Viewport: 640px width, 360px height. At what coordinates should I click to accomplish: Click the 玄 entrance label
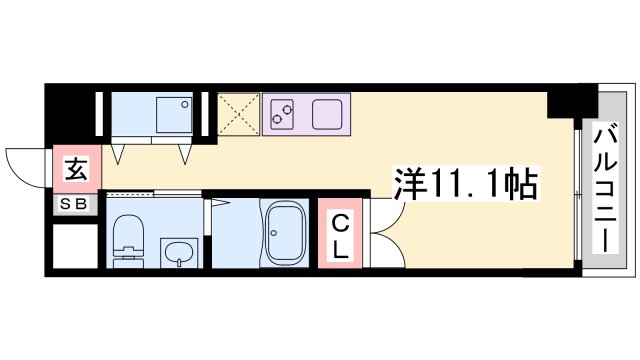[x=76, y=168]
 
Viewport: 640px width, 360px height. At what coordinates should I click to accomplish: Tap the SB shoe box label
[x=76, y=206]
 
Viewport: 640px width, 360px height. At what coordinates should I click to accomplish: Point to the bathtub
[x=287, y=231]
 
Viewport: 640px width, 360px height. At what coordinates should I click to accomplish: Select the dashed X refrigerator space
[x=238, y=114]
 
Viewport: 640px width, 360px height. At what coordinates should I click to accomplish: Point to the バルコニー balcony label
[x=604, y=186]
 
